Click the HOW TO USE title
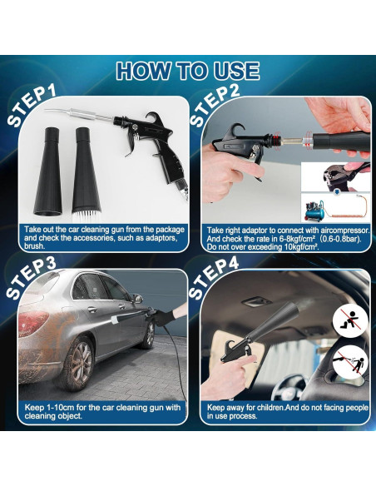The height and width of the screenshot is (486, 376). point(188,71)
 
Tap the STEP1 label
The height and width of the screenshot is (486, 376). point(31,105)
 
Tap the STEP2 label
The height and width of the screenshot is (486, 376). point(222,105)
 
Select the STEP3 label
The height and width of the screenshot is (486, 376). point(31,279)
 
